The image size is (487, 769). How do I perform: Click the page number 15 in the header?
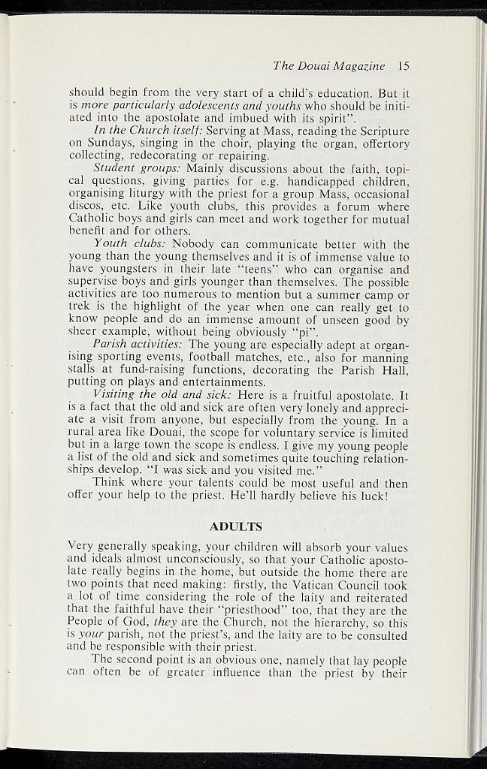pyautogui.click(x=404, y=65)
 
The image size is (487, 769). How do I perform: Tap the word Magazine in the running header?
pyautogui.click(x=360, y=65)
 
